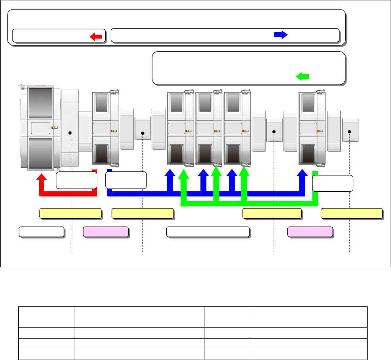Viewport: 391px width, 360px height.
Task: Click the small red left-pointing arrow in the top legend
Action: [x=96, y=37]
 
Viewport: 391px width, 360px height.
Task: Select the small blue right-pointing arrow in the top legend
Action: [x=281, y=35]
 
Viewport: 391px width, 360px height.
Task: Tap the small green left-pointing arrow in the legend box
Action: [x=302, y=76]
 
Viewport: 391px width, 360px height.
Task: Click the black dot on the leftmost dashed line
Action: [x=70, y=133]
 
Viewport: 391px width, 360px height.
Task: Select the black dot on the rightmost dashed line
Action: [x=349, y=131]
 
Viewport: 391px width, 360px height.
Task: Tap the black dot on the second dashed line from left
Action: [x=143, y=133]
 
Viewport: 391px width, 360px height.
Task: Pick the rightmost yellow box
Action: [x=352, y=214]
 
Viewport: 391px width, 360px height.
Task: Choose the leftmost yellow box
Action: [x=70, y=214]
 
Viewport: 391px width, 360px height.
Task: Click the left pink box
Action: [x=106, y=232]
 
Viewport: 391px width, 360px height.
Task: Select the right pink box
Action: [x=310, y=232]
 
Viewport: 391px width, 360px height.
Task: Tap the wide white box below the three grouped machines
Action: [x=208, y=232]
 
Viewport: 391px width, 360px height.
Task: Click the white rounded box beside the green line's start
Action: [x=333, y=183]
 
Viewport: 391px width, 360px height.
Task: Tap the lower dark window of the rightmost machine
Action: [x=308, y=154]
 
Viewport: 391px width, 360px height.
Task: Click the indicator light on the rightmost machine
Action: [x=320, y=131]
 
